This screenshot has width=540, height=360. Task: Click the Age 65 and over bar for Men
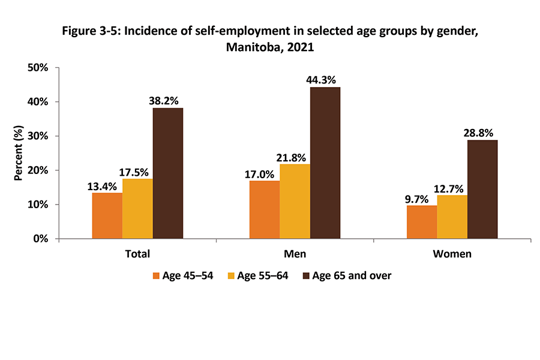325,163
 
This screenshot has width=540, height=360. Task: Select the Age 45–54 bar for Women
422,222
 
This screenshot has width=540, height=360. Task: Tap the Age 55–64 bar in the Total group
137,209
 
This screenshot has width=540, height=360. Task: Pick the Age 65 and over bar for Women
482,190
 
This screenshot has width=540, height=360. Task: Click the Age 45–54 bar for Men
265,209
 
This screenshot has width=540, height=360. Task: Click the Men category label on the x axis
295,254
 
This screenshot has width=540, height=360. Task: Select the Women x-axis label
452,254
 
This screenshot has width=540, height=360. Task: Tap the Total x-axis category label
137,254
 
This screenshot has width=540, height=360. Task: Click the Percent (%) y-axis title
19,153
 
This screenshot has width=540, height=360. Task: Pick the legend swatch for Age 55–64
231,276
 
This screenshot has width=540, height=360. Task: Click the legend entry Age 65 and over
352,276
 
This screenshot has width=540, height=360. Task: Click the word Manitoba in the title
251,48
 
